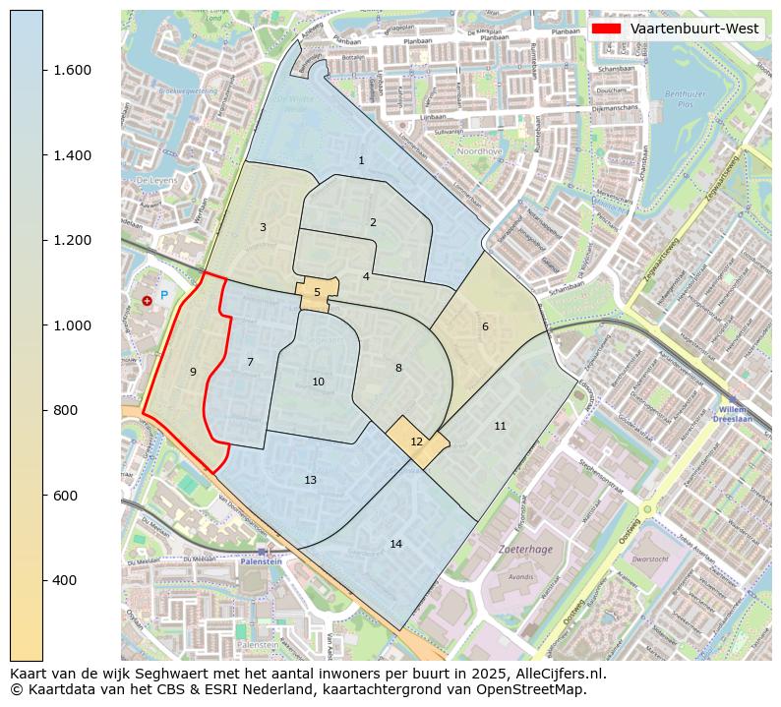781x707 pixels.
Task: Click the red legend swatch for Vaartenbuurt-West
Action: [x=606, y=29]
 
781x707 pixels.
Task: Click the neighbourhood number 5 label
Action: [x=317, y=292]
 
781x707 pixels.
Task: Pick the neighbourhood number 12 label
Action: [x=416, y=442]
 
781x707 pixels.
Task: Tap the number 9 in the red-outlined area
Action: [x=193, y=372]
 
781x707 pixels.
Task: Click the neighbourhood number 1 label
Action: [x=361, y=160]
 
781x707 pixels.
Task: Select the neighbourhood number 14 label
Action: [x=395, y=544]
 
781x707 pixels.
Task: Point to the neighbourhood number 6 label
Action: [x=485, y=327]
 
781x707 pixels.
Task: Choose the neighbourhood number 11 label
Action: [x=500, y=426]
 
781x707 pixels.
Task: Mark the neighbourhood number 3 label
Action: [x=263, y=228]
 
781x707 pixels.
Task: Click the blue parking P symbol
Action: [x=164, y=294]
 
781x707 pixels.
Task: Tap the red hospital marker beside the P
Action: [x=147, y=300]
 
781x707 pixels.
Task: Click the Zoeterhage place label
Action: [x=521, y=550]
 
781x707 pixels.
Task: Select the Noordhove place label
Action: [x=482, y=151]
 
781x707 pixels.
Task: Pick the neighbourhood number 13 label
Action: [x=311, y=480]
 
